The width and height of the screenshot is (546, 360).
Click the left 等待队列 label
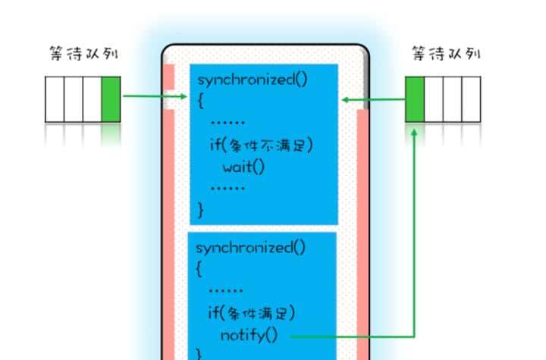tap(83, 55)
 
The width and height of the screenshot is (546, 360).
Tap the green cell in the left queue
tap(111, 99)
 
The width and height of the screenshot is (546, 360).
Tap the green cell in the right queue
tap(415, 99)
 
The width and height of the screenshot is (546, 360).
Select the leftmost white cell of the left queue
tap(55, 99)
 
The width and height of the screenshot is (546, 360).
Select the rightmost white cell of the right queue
tap(472, 99)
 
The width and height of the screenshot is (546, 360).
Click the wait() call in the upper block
tap(243, 166)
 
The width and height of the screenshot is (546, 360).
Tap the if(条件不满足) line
tap(261, 145)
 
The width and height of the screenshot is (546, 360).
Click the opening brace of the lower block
tap(200, 268)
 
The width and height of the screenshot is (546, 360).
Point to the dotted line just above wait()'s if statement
tap(227, 121)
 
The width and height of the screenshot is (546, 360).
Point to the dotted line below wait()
tap(227, 186)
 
